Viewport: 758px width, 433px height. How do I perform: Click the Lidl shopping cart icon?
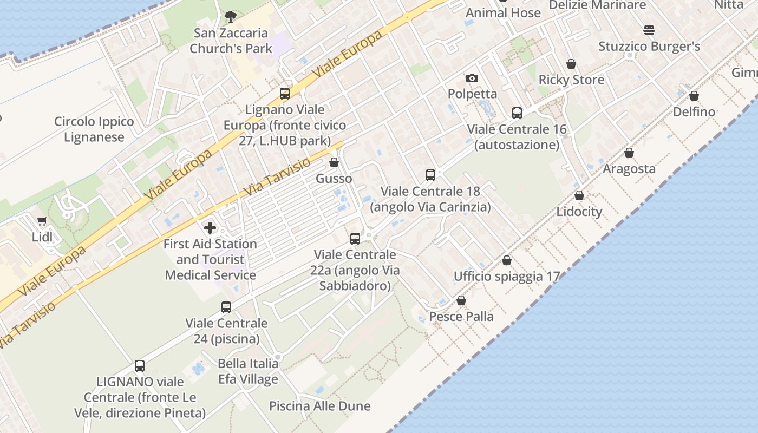[x=42, y=221]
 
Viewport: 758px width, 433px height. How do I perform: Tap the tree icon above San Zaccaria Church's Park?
[x=230, y=16]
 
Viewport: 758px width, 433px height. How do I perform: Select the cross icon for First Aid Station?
[x=210, y=227]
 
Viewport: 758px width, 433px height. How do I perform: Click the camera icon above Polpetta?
[x=472, y=78]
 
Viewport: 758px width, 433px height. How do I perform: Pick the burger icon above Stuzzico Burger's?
[x=649, y=30]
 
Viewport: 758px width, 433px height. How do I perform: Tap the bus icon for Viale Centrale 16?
[x=517, y=113]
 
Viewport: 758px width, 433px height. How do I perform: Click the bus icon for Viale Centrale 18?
[x=430, y=175]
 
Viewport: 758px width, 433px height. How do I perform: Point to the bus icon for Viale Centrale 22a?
[x=355, y=238]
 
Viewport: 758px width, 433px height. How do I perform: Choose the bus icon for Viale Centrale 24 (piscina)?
[x=226, y=307]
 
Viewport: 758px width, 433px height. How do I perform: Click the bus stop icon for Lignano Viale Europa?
[x=285, y=94]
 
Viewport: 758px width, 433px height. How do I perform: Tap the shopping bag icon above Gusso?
[x=334, y=162]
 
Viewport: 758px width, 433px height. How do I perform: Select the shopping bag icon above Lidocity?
[x=579, y=195]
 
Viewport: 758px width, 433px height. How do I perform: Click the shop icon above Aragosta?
[x=629, y=153]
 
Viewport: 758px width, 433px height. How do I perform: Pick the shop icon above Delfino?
[x=694, y=96]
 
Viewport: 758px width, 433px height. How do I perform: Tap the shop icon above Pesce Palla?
[x=461, y=300]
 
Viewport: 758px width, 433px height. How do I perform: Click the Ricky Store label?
[x=571, y=80]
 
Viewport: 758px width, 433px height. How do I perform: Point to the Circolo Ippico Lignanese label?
[x=94, y=129]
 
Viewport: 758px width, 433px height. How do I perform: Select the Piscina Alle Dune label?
[x=320, y=406]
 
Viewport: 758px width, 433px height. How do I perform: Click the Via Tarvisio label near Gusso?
[x=277, y=177]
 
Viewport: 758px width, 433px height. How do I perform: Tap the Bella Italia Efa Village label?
[x=248, y=371]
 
